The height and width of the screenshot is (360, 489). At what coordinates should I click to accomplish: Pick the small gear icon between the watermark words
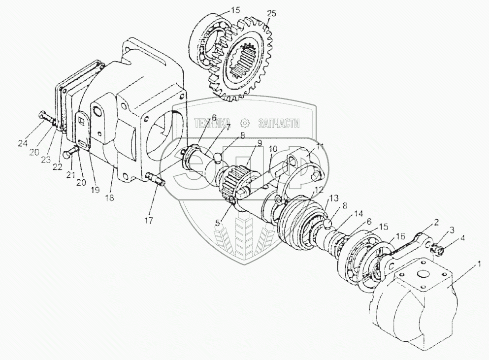244,123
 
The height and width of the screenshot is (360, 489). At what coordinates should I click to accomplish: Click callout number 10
274,148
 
